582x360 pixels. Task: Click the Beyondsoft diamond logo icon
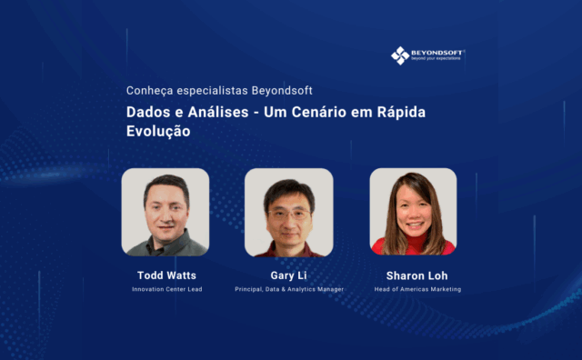[x=400, y=55]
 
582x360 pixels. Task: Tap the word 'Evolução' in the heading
[x=158, y=130]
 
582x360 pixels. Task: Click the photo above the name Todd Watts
[x=165, y=212]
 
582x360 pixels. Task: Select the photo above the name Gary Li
[x=288, y=212]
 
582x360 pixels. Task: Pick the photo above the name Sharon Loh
[x=413, y=212]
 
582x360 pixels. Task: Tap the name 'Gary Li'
[x=288, y=274]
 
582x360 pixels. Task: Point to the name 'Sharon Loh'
[x=417, y=274]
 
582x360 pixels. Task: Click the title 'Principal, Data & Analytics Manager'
[x=289, y=289]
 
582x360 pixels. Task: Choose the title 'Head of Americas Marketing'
[x=417, y=289]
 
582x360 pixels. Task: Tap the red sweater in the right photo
[x=414, y=246]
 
